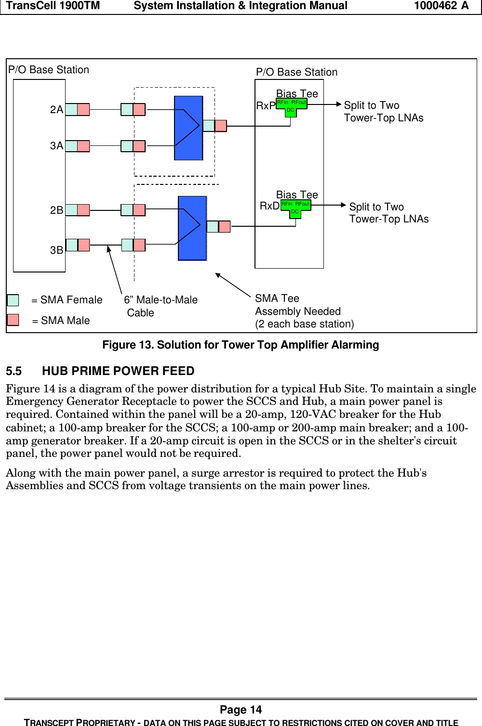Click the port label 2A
tap(56, 110)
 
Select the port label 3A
tap(56, 146)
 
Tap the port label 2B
tap(56, 210)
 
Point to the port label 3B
tap(56, 250)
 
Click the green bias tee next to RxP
tap(291, 106)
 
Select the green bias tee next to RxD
tap(295, 207)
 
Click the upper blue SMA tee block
tap(188, 128)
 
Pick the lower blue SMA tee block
tap(192, 228)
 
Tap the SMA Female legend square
tap(13, 300)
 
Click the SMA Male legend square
tap(13, 320)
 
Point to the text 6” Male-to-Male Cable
tap(160, 306)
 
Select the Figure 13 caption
tap(241, 345)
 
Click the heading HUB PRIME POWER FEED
tap(118, 371)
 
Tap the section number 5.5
tap(14, 371)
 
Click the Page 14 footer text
tap(241, 710)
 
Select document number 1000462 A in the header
tap(441, 6)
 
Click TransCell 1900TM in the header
tap(53, 6)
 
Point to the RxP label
tap(266, 106)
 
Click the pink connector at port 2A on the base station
tap(83, 110)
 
